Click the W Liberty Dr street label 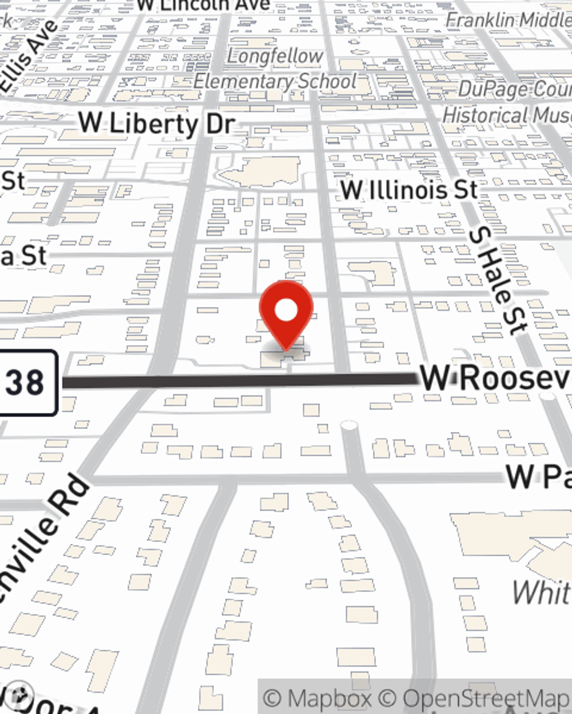pos(156,124)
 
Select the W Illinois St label pos(408,190)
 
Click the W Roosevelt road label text pos(495,378)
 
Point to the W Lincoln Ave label pos(203,5)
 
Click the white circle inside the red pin pos(286,311)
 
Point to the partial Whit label pos(541,592)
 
